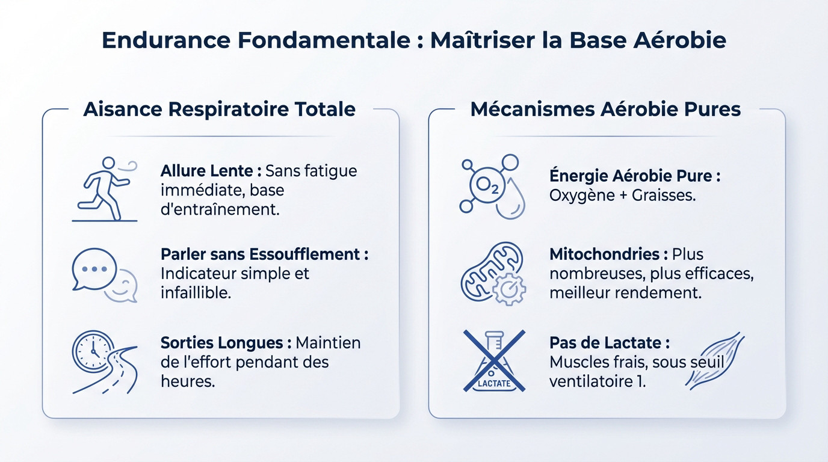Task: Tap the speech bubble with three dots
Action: click(94, 268)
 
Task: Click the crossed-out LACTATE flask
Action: click(494, 361)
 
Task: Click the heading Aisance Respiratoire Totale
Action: click(219, 109)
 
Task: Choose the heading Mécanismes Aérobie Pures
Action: click(605, 109)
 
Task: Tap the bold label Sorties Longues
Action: click(221, 343)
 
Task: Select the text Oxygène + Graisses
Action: click(622, 196)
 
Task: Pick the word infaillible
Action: click(195, 294)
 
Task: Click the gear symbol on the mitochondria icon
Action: click(508, 289)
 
